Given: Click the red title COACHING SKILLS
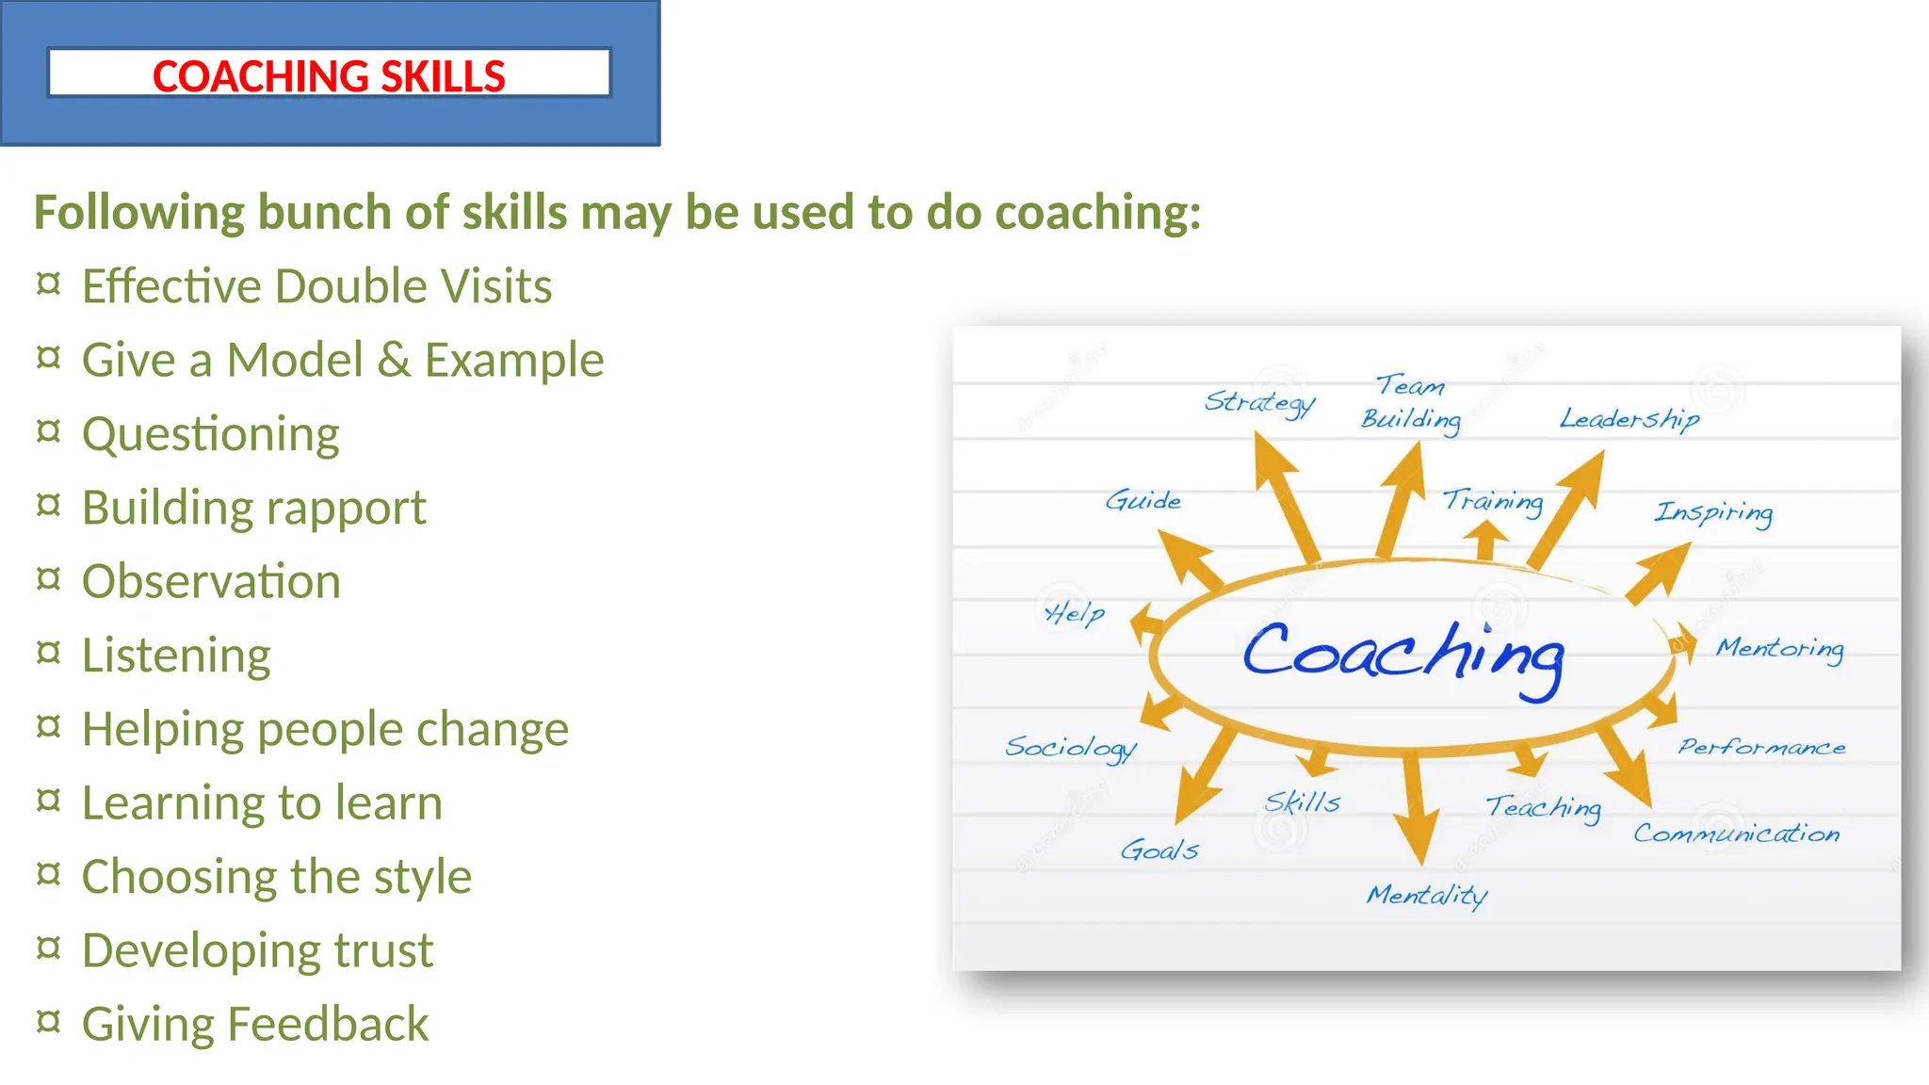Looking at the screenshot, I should tap(329, 76).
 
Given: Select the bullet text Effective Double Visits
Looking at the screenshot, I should tap(316, 286).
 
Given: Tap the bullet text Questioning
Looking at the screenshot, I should tap(211, 434).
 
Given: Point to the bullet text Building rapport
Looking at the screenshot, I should tap(254, 508).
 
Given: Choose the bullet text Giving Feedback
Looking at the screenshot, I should tap(255, 1024).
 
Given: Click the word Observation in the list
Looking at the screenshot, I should tap(211, 581).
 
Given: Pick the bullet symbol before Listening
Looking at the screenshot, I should tap(48, 652).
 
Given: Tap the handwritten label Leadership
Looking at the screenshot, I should tap(1629, 419).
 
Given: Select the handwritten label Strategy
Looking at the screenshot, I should tap(1259, 402).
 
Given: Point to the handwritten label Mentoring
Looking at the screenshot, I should tap(1779, 649).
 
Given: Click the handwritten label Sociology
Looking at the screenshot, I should tap(1071, 748).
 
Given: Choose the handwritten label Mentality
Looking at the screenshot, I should tap(1427, 895).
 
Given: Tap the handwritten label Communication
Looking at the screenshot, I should tap(1736, 834).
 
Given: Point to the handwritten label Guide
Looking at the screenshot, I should tap(1143, 500).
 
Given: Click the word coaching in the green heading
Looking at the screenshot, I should tap(1097, 213).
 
